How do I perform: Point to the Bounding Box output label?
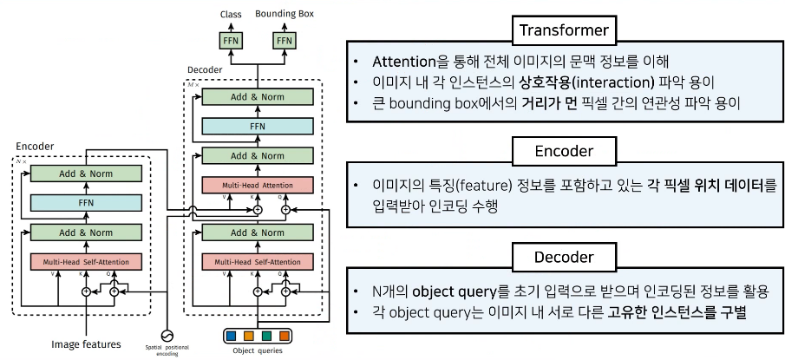(x=283, y=14)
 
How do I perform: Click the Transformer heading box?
(x=563, y=32)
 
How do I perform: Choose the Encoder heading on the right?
(x=564, y=151)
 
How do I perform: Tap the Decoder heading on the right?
(x=564, y=257)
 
